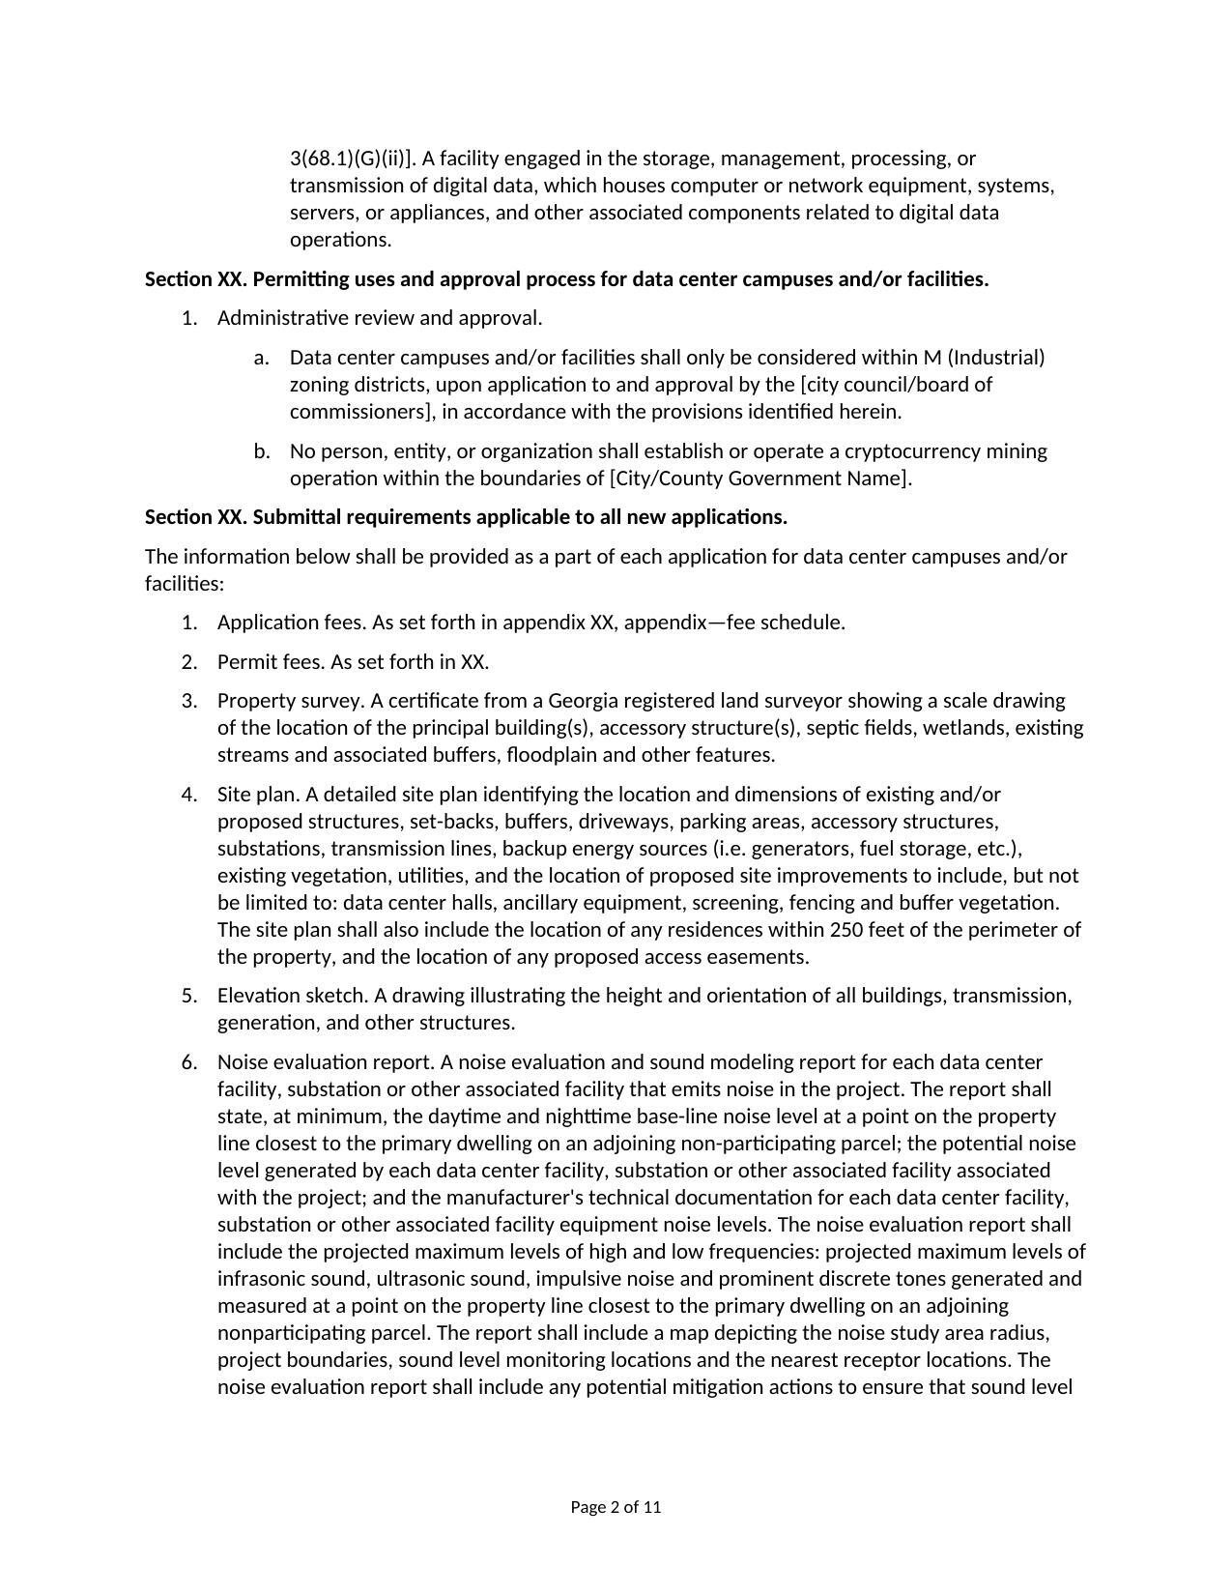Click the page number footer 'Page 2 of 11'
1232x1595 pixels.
(x=616, y=1507)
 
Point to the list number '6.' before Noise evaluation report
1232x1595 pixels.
(x=189, y=1062)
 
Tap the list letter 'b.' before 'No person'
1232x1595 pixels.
(x=261, y=451)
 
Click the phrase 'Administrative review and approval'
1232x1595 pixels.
(x=379, y=318)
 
